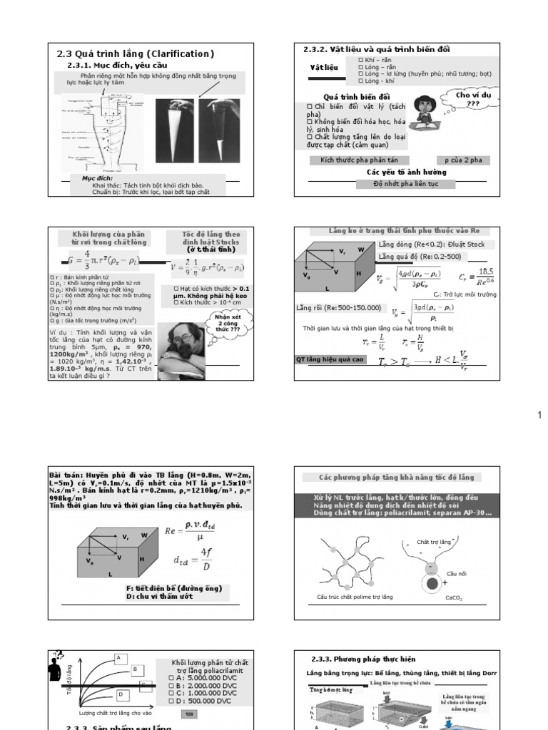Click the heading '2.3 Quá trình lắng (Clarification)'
coord(136,54)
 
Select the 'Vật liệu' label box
coord(323,68)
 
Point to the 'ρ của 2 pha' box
coord(462,160)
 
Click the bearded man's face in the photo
coord(178,341)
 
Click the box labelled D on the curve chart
coord(121,694)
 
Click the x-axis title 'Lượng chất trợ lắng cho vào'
coord(116,712)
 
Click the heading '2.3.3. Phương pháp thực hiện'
coord(363,659)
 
